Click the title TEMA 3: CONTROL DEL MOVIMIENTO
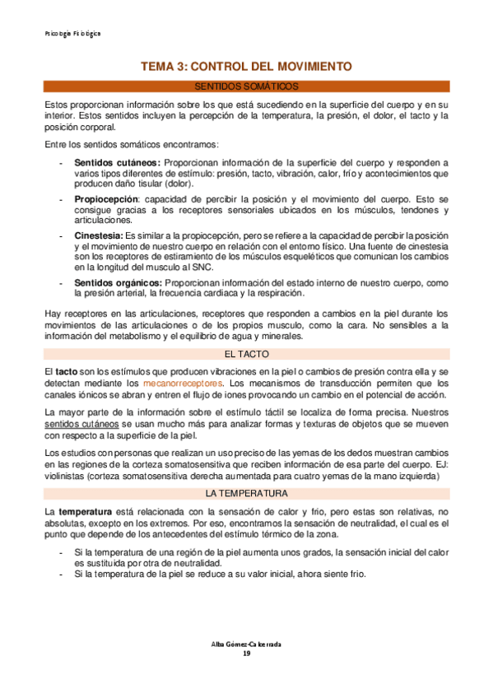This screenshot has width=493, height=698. click(246, 66)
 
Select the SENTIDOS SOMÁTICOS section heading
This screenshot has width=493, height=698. click(246, 86)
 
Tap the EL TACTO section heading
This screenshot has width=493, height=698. click(246, 331)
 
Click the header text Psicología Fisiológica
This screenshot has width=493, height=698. click(72, 34)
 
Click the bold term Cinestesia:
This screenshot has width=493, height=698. click(99, 235)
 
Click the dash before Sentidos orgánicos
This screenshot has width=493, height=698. click(62, 283)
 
